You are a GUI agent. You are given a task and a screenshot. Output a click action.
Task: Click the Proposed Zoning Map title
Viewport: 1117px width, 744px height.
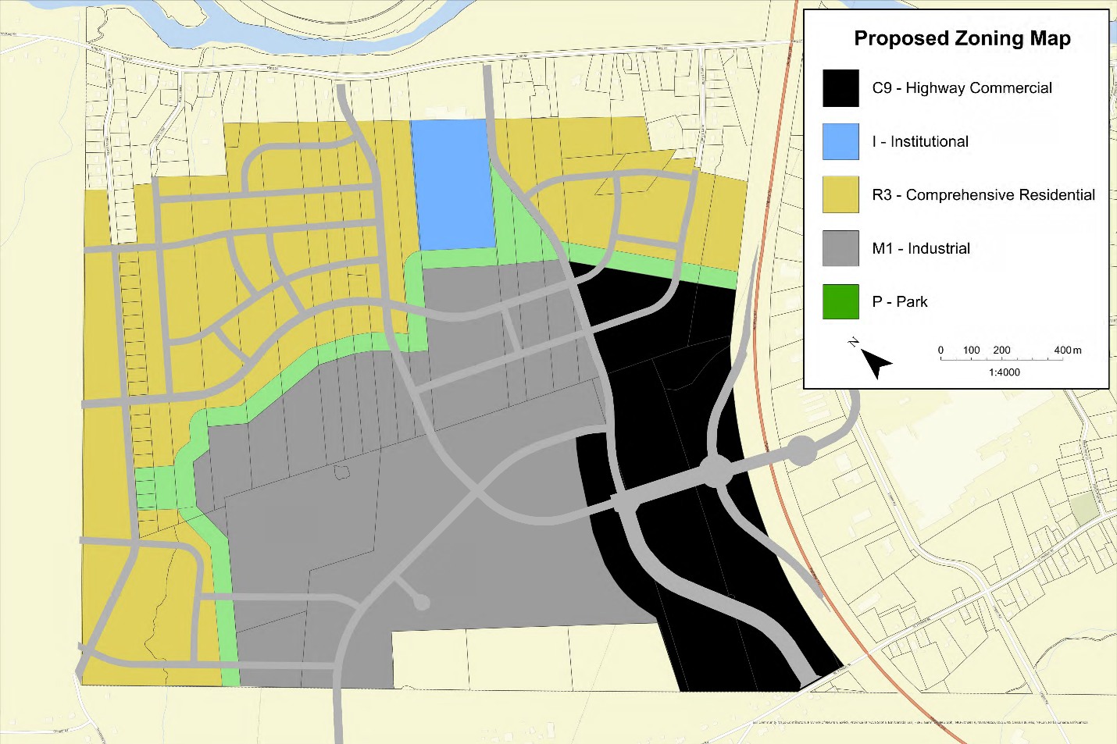[x=962, y=38]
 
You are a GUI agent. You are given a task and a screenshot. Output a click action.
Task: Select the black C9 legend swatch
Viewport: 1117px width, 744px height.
[x=840, y=88]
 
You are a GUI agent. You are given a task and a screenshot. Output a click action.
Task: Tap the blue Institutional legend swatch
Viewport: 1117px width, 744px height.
[x=840, y=141]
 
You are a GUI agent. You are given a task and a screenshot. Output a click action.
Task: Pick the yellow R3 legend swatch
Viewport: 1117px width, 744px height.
[x=840, y=194]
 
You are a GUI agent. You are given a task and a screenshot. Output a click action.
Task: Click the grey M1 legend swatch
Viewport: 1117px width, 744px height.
[x=840, y=248]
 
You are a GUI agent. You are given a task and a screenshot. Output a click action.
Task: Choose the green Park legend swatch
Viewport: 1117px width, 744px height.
[x=840, y=301]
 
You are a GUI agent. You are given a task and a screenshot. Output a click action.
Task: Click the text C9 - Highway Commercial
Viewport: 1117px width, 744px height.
[x=962, y=88]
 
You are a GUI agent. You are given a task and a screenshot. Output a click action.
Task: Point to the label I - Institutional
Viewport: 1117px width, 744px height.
[x=920, y=141]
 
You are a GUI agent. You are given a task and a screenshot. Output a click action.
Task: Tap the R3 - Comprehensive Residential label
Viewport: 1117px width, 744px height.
[x=983, y=194]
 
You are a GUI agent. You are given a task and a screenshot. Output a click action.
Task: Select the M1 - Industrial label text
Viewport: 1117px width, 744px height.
[x=921, y=248]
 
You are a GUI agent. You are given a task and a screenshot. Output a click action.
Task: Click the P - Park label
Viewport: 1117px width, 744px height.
[x=900, y=301]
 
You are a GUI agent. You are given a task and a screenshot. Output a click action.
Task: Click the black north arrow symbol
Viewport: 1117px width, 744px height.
[x=876, y=363]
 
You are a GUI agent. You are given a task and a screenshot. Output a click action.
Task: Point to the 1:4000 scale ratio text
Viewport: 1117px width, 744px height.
[x=1004, y=372]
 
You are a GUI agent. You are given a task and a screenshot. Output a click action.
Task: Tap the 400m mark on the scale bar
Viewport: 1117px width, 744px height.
[x=1067, y=351]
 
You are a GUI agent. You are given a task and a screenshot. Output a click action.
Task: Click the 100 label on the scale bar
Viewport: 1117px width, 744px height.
[x=971, y=351]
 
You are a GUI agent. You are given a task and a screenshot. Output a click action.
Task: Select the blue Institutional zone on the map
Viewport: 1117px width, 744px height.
[x=452, y=183]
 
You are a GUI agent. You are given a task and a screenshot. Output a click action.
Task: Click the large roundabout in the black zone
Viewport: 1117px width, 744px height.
[x=715, y=472]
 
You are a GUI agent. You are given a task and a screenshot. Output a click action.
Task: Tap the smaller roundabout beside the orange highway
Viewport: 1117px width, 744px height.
[x=801, y=450]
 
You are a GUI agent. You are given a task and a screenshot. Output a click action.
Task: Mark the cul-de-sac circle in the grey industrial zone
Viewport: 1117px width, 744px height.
[x=421, y=602]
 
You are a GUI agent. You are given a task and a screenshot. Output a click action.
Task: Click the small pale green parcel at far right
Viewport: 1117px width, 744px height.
[x=1084, y=509]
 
